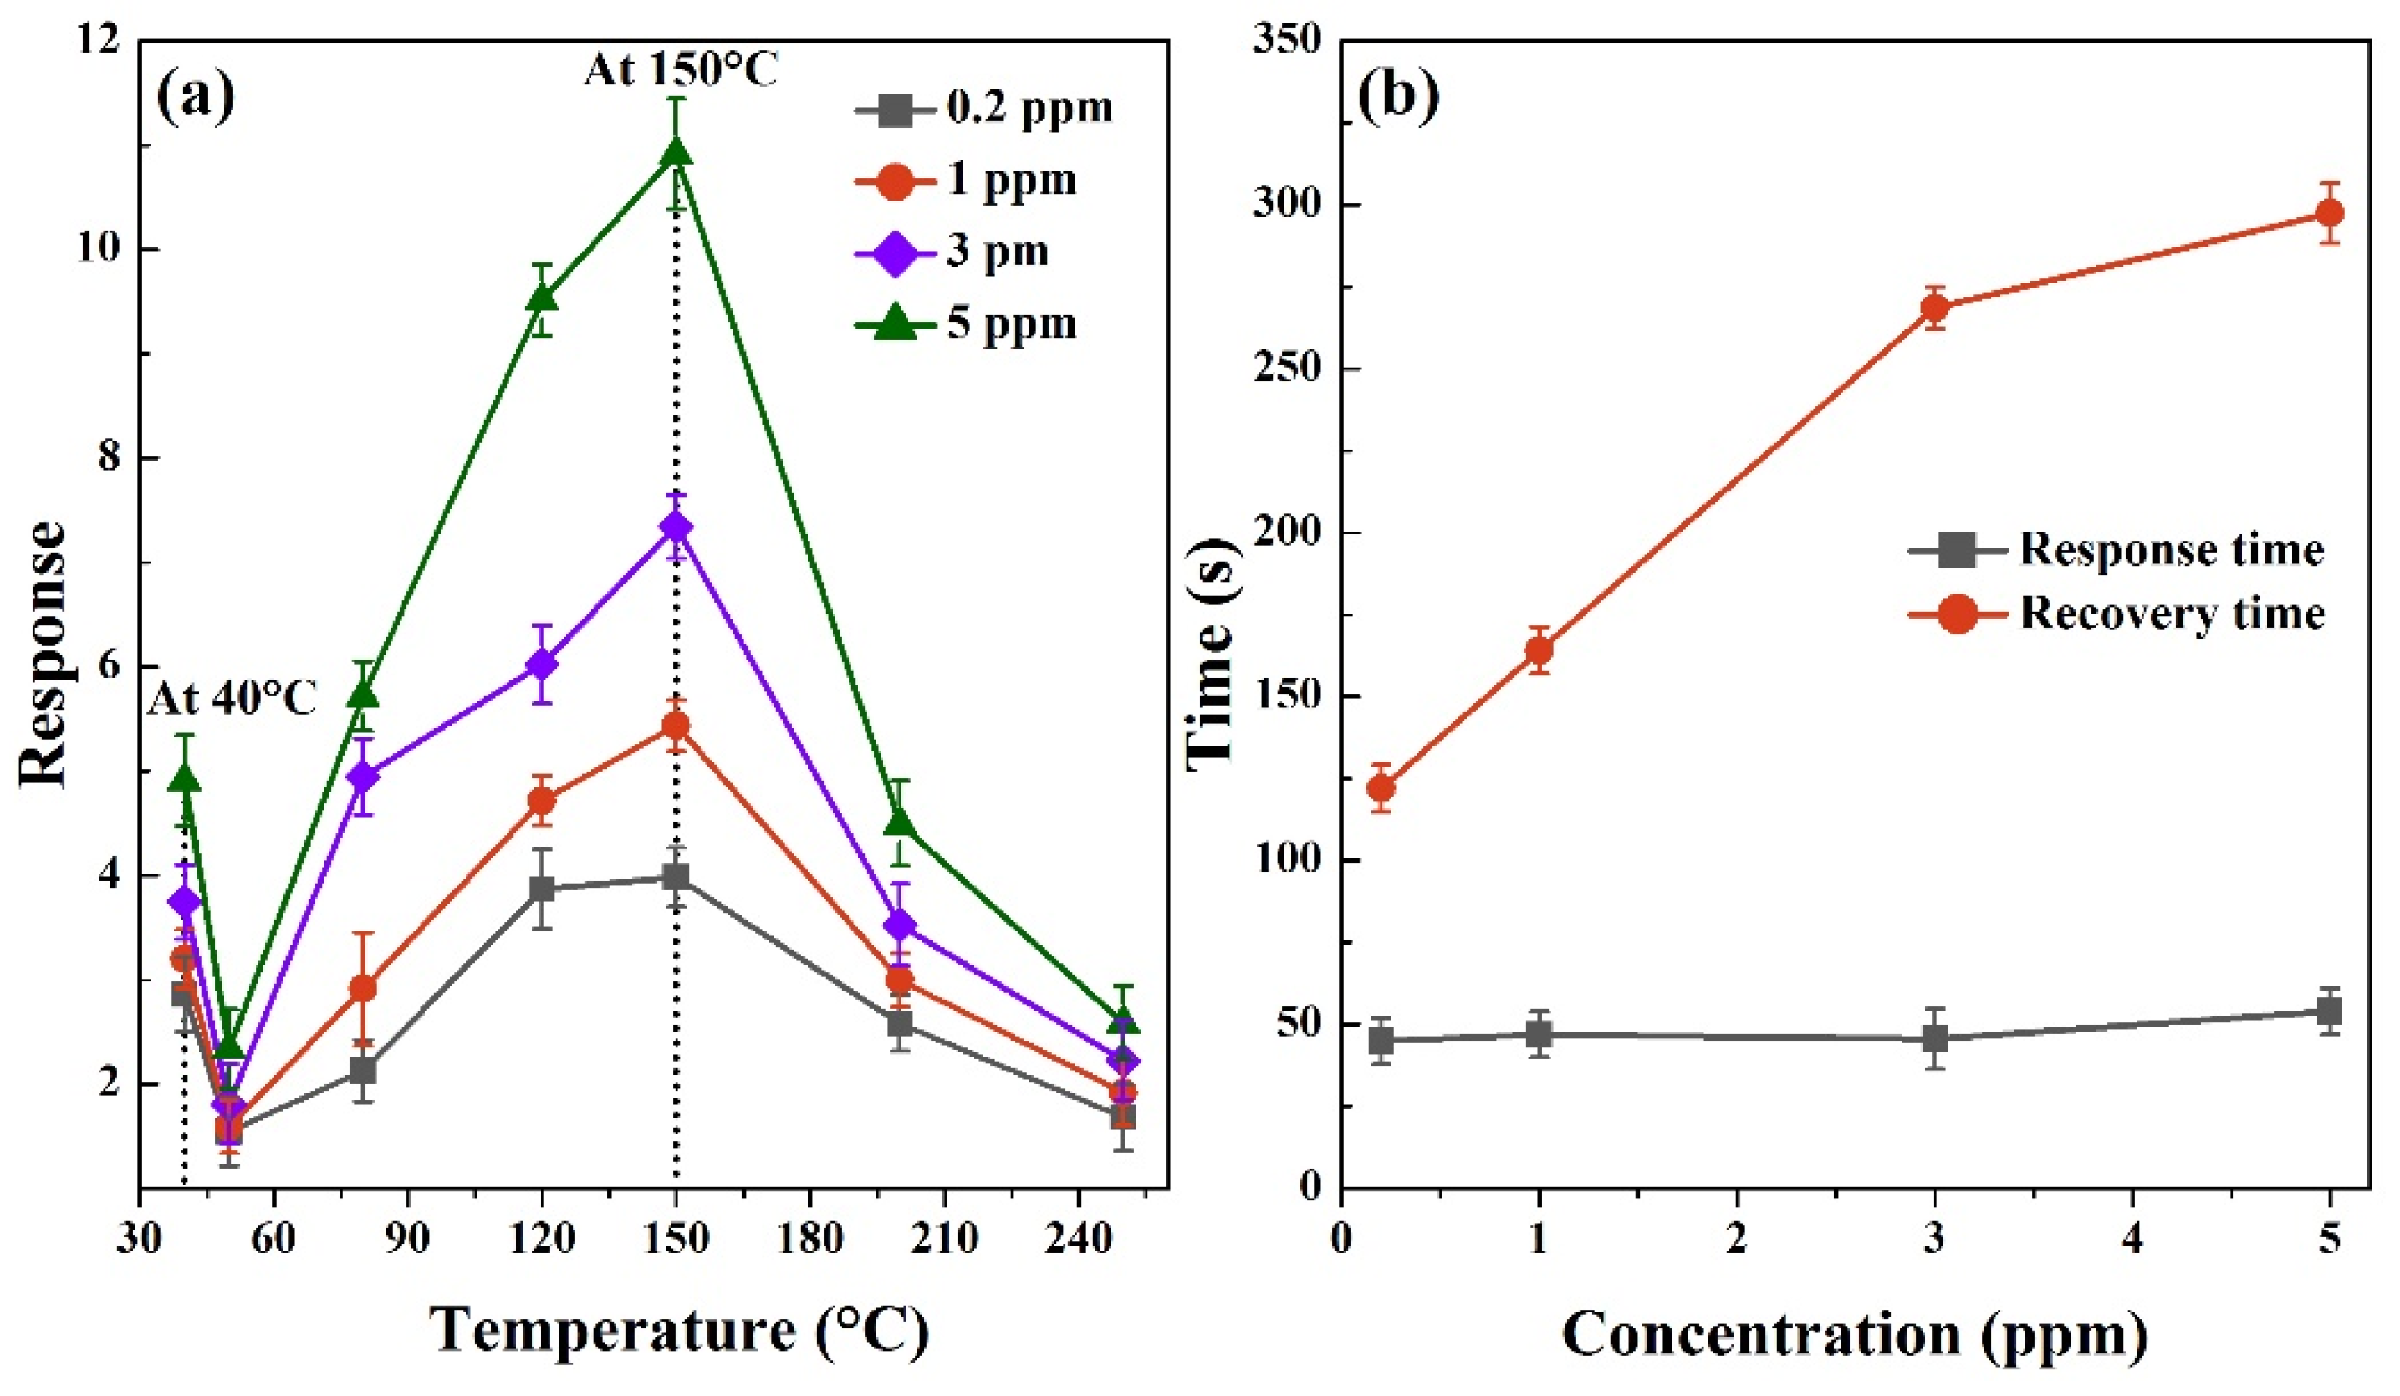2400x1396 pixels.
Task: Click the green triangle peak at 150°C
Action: tap(677, 152)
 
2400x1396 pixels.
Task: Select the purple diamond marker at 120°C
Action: tap(542, 664)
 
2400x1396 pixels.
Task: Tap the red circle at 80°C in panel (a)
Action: tap(363, 988)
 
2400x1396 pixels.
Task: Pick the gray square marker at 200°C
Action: tap(900, 1024)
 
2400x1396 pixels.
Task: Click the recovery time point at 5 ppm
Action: tap(2330, 212)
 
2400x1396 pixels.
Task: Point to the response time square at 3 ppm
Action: tap(1934, 1038)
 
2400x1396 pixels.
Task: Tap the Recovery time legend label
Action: tap(2173, 614)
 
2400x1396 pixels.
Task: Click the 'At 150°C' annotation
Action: tap(681, 69)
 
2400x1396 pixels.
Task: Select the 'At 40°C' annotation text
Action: tap(232, 700)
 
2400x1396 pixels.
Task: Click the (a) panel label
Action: tap(195, 98)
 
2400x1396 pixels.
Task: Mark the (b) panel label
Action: tap(1398, 98)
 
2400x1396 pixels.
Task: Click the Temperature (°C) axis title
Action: tap(679, 1329)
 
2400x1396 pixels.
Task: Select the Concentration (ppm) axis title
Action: tap(1854, 1335)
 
